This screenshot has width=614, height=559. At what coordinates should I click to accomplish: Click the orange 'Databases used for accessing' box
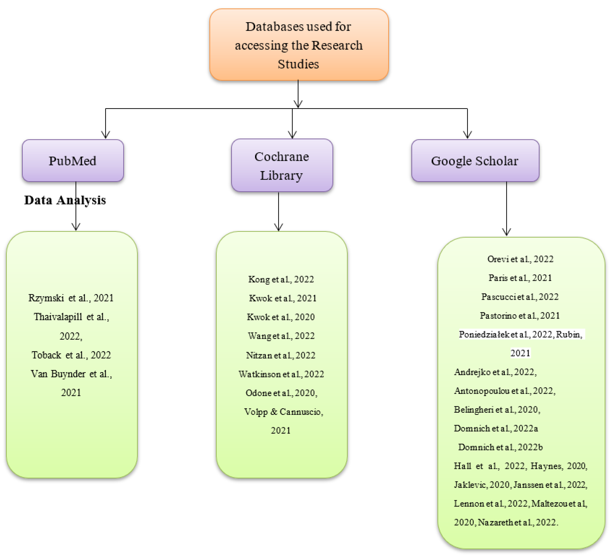click(299, 45)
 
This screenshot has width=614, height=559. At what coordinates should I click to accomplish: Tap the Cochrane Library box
click(282, 166)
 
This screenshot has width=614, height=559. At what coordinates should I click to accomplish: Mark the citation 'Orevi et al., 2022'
click(520, 259)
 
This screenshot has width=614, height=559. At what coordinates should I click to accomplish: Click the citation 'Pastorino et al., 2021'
click(520, 316)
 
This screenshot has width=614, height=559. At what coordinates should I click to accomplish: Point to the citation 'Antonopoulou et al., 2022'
click(504, 391)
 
